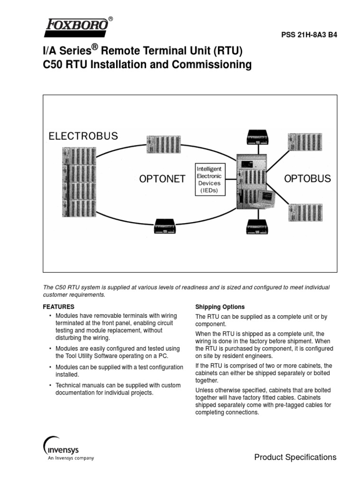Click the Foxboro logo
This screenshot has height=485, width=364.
click(76, 27)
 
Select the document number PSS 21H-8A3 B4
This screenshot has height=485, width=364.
click(309, 35)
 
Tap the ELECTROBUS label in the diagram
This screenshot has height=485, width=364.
click(83, 136)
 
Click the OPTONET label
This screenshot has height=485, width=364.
click(162, 179)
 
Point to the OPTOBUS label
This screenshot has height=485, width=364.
click(308, 179)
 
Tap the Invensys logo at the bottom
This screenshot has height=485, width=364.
click(64, 448)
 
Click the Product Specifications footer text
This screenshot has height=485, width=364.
click(295, 457)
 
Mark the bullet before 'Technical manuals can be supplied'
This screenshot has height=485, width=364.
click(50, 386)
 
